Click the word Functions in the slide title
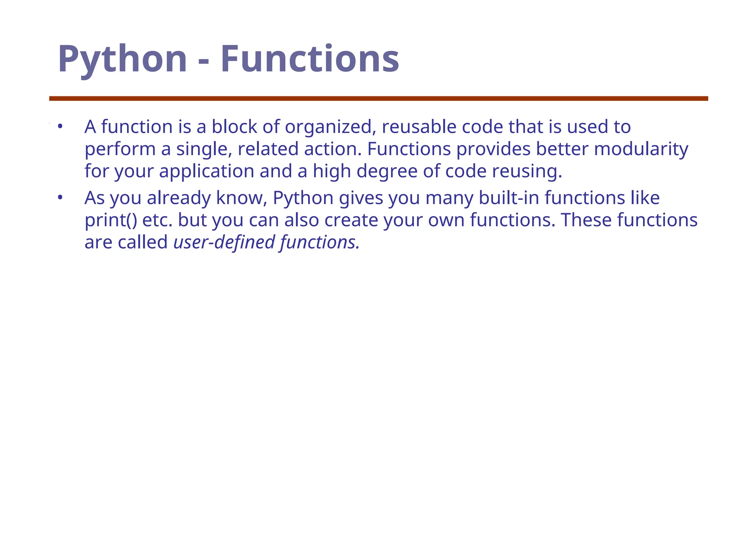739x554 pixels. coord(310,59)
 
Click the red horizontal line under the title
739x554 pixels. coord(379,98)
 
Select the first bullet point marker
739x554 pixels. coord(60,127)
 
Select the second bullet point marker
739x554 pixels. coord(60,198)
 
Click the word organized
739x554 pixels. coord(330,127)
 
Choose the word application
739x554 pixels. coord(207,172)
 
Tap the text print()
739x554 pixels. coord(111,220)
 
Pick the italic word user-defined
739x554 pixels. coord(224,242)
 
